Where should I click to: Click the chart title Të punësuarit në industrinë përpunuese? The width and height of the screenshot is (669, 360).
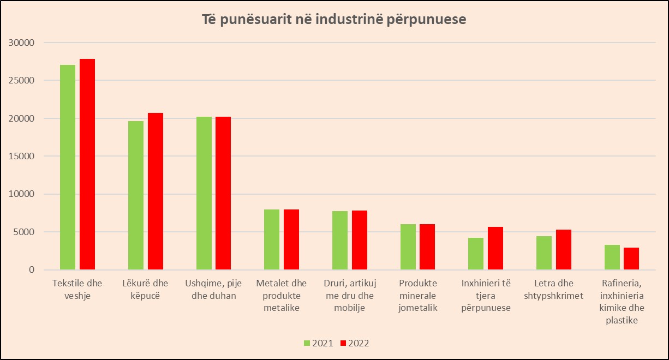pyautogui.click(x=334, y=20)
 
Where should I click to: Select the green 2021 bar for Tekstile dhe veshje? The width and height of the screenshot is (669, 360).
pyautogui.click(x=68, y=167)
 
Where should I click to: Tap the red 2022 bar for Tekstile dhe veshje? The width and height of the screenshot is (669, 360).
pyautogui.click(x=87, y=164)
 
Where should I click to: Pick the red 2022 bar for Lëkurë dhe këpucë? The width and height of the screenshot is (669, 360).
pyautogui.click(x=156, y=191)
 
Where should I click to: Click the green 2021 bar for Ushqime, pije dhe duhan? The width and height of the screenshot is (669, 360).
pyautogui.click(x=204, y=193)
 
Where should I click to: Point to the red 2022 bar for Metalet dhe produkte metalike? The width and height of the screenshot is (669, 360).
pyautogui.click(x=291, y=239)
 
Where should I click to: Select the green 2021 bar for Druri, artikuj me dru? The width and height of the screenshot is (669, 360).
pyautogui.click(x=340, y=241)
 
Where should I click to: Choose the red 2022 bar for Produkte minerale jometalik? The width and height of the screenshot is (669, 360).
pyautogui.click(x=427, y=247)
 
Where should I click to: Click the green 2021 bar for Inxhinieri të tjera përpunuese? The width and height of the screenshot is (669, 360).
pyautogui.click(x=476, y=254)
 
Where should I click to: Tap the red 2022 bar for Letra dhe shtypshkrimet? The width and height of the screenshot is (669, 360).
pyautogui.click(x=564, y=250)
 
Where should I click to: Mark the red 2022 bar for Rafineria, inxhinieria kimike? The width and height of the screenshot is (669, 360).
pyautogui.click(x=631, y=259)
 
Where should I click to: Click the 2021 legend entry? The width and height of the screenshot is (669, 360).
pyautogui.click(x=318, y=343)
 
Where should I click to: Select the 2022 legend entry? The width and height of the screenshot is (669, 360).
pyautogui.click(x=355, y=343)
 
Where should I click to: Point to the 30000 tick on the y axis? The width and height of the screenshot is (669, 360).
pyautogui.click(x=21, y=43)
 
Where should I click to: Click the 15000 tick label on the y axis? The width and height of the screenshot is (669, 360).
pyautogui.click(x=21, y=156)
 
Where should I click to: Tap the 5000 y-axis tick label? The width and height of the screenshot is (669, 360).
pyautogui.click(x=23, y=232)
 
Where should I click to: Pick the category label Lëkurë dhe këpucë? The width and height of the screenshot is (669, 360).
pyautogui.click(x=145, y=289)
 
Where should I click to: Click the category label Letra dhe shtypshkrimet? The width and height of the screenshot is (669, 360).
pyautogui.click(x=553, y=289)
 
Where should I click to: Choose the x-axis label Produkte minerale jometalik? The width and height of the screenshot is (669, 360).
pyautogui.click(x=418, y=296)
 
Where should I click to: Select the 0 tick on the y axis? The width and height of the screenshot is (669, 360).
pyautogui.click(x=32, y=270)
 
